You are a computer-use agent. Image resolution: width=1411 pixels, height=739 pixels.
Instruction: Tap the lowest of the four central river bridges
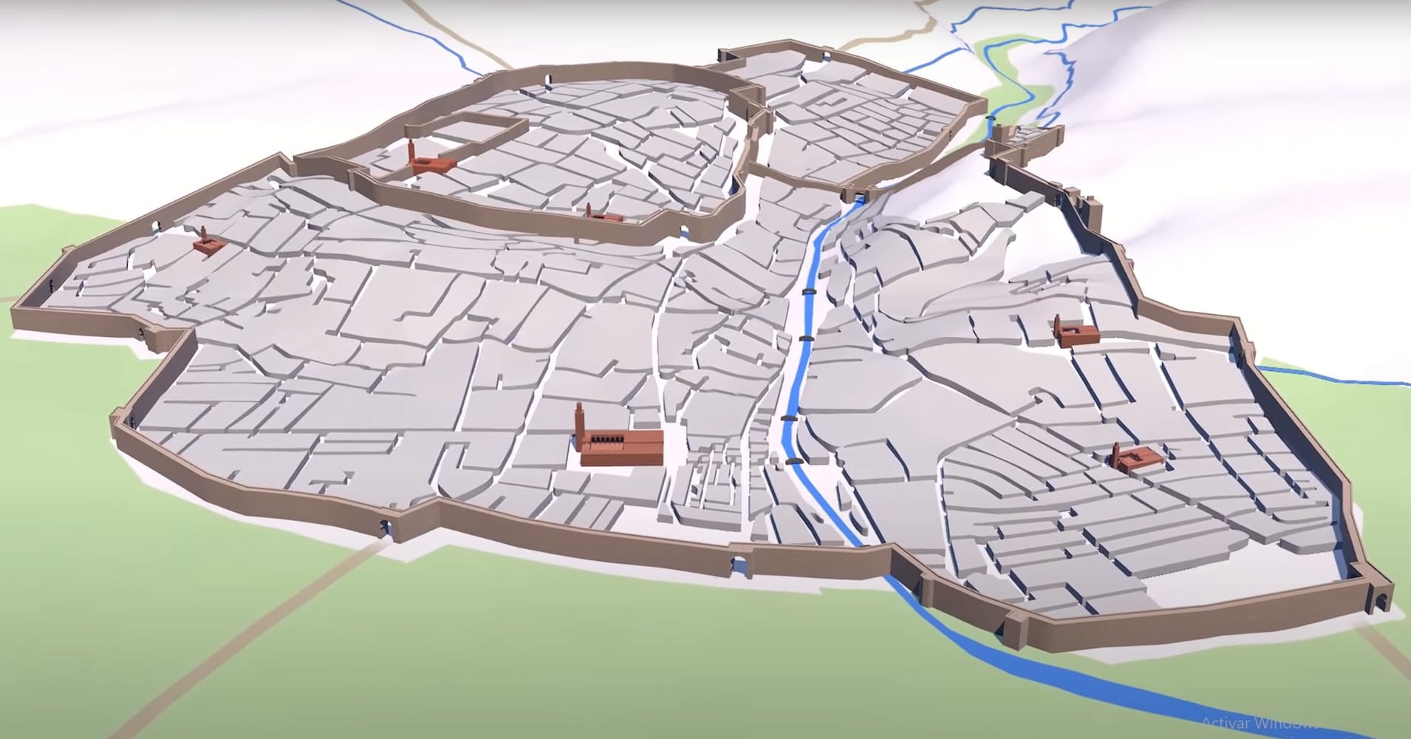point(793,460)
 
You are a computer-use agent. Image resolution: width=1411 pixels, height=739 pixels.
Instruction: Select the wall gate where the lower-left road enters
point(385,527)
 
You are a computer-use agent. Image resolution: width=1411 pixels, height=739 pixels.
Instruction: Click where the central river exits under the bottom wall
point(884,565)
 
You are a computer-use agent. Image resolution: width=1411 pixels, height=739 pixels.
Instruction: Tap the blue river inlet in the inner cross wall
point(859,195)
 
